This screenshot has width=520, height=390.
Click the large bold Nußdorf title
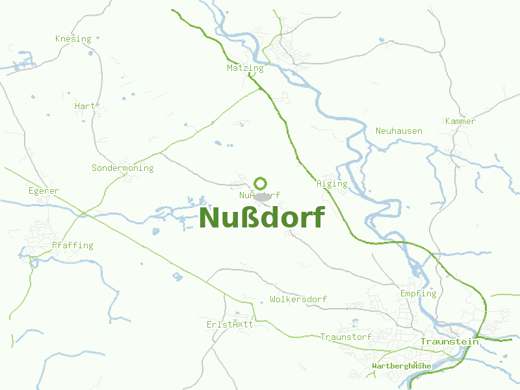(x=261, y=218)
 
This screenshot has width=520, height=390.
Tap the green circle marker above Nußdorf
(x=261, y=183)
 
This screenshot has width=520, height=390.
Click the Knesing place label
(x=73, y=39)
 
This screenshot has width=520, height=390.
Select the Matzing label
(x=245, y=68)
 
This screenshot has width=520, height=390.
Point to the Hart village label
(x=84, y=106)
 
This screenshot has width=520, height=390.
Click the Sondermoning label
(x=122, y=168)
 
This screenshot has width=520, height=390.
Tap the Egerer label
(x=44, y=191)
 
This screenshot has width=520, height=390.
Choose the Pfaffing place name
(x=72, y=246)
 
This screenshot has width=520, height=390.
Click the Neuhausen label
(x=398, y=131)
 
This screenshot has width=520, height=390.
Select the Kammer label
(x=460, y=122)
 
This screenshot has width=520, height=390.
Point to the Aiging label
(x=331, y=184)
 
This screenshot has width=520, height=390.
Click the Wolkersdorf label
(x=298, y=300)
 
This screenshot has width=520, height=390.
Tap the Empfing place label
(x=418, y=294)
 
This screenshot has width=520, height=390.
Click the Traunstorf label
(x=346, y=337)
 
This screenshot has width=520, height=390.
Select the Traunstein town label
(x=449, y=341)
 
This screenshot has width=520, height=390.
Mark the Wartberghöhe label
(x=401, y=367)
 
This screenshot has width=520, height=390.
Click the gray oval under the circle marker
(x=262, y=196)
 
